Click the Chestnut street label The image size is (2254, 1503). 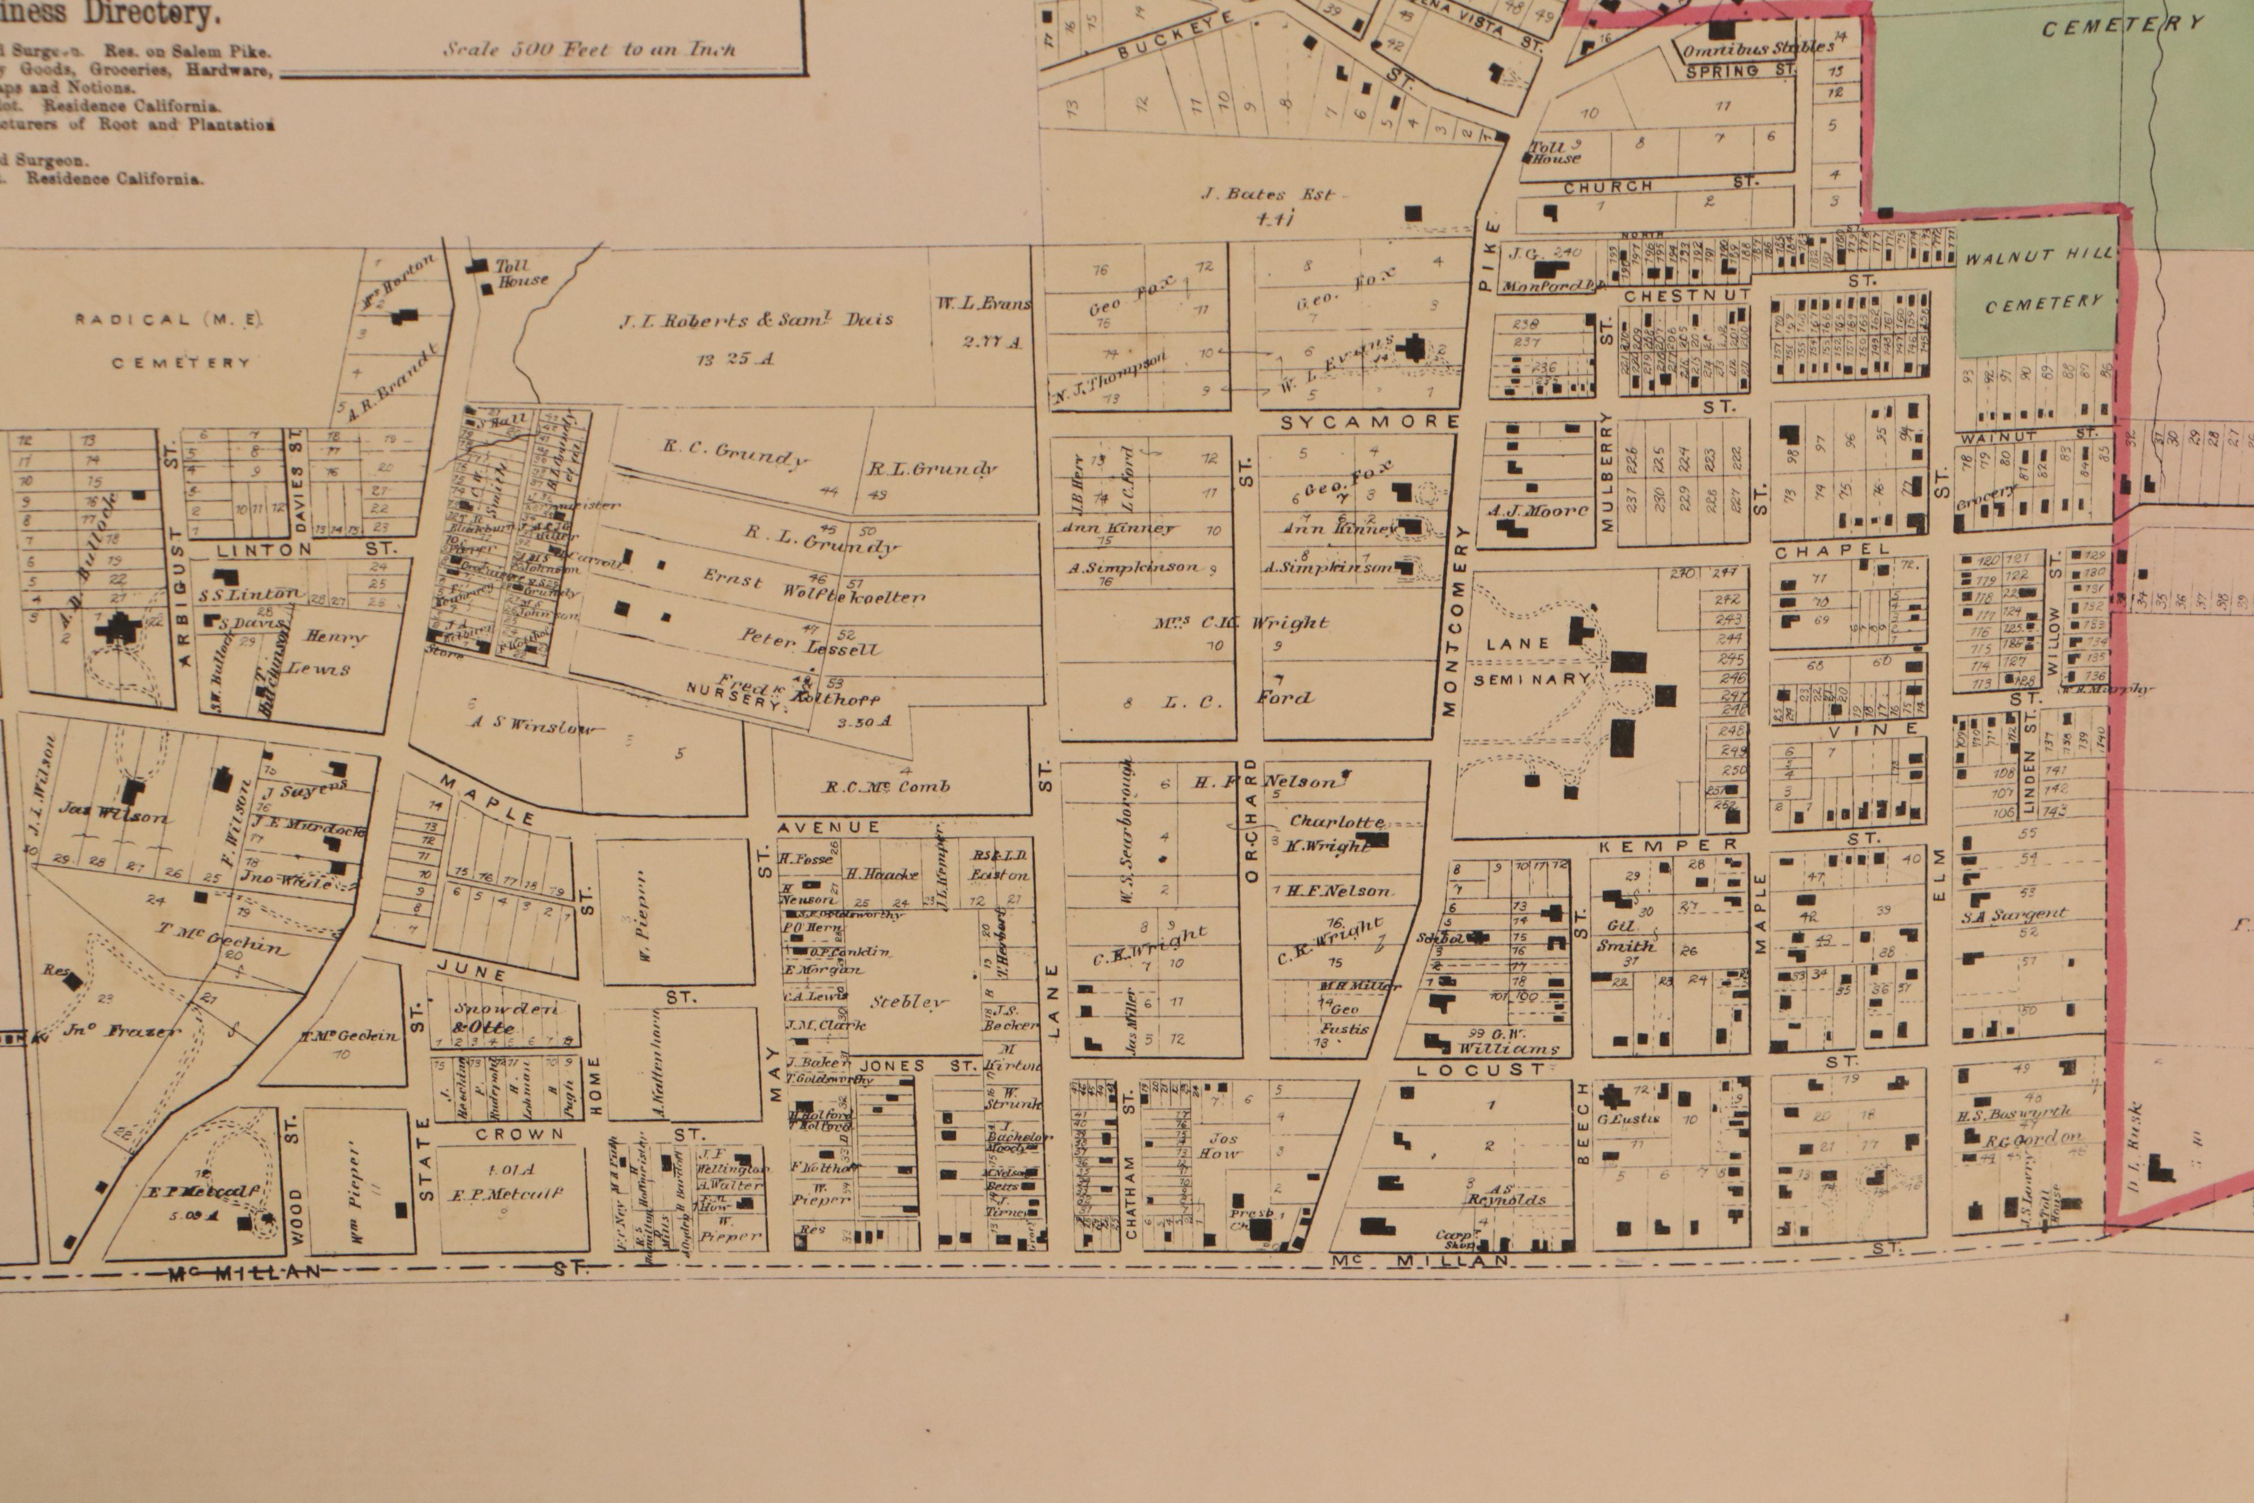[x=1687, y=295]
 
